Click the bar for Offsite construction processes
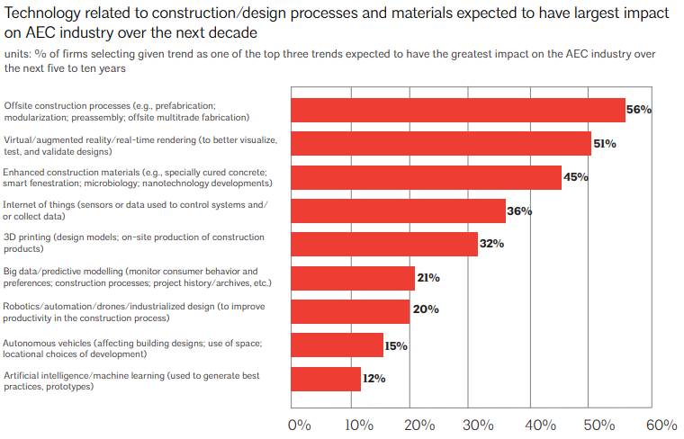pos(457,110)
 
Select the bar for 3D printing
pos(383,244)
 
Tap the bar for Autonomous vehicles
pos(337,345)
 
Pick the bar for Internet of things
pos(398,211)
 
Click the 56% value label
pos(638,110)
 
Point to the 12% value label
pos(373,379)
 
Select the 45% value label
pos(575,177)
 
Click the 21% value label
pos(427,278)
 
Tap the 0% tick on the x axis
pos(299,424)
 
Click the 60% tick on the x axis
pos(661,424)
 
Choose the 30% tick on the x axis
pos(479,424)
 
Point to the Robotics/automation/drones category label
pos(132,311)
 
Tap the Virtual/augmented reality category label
pos(139,145)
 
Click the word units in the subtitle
pos(17,54)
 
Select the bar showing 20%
pos(350,311)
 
